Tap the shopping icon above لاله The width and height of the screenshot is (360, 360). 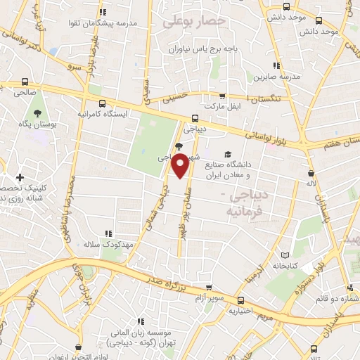pos(310,173)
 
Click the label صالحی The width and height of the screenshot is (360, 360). pos(26,93)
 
